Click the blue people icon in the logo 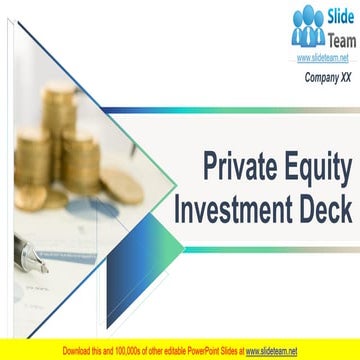(308, 27)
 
